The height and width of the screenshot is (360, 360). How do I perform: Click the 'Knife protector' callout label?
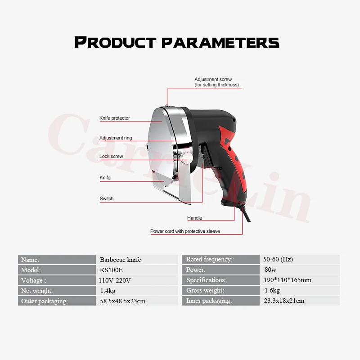[x=115, y=118]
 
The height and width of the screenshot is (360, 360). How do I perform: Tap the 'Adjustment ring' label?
[x=116, y=138]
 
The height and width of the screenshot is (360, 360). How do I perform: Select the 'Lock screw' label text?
[x=111, y=156]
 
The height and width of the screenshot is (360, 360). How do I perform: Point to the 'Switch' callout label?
[x=107, y=198]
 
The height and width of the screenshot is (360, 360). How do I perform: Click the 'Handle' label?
[x=195, y=218]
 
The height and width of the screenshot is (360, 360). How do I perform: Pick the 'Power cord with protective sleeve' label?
[x=185, y=231]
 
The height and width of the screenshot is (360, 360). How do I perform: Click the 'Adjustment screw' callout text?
[x=213, y=79]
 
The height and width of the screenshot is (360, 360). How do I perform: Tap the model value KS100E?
[x=111, y=270]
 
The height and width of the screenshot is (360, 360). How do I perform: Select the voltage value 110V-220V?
[x=115, y=280]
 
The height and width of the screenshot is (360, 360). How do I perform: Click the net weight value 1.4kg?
[x=108, y=291]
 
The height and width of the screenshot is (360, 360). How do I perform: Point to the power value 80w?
[x=270, y=270]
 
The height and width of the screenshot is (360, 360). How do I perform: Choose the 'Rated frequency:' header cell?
[x=220, y=260]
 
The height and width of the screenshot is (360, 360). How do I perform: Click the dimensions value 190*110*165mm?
[x=288, y=280]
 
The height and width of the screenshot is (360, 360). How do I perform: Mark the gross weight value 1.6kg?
[x=272, y=290]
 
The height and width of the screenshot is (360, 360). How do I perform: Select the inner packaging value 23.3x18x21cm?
[x=284, y=301]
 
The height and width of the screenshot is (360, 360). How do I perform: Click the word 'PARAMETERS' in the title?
[x=220, y=43]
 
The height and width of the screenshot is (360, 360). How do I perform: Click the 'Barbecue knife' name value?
[x=120, y=260]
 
